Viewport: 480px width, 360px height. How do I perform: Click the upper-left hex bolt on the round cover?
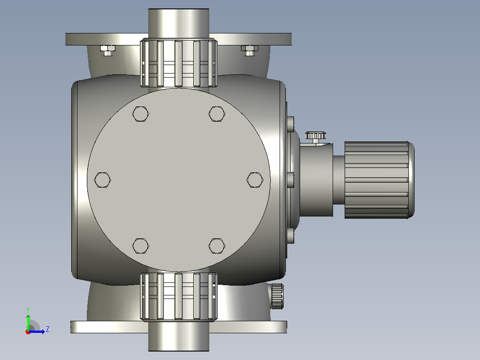click(141, 114)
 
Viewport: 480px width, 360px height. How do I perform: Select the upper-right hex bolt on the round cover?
click(217, 114)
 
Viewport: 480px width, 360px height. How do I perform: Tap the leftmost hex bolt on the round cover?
click(102, 180)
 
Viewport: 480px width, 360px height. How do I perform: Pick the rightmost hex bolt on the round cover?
click(255, 180)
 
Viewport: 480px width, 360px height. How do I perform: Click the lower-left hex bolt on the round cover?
click(141, 246)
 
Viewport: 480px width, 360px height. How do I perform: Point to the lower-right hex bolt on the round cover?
click(217, 246)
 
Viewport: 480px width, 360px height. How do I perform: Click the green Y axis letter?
click(28, 310)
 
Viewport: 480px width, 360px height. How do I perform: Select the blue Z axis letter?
click(48, 329)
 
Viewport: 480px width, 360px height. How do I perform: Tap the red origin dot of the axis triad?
click(28, 332)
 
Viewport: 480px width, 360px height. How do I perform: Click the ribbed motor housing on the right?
click(379, 180)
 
